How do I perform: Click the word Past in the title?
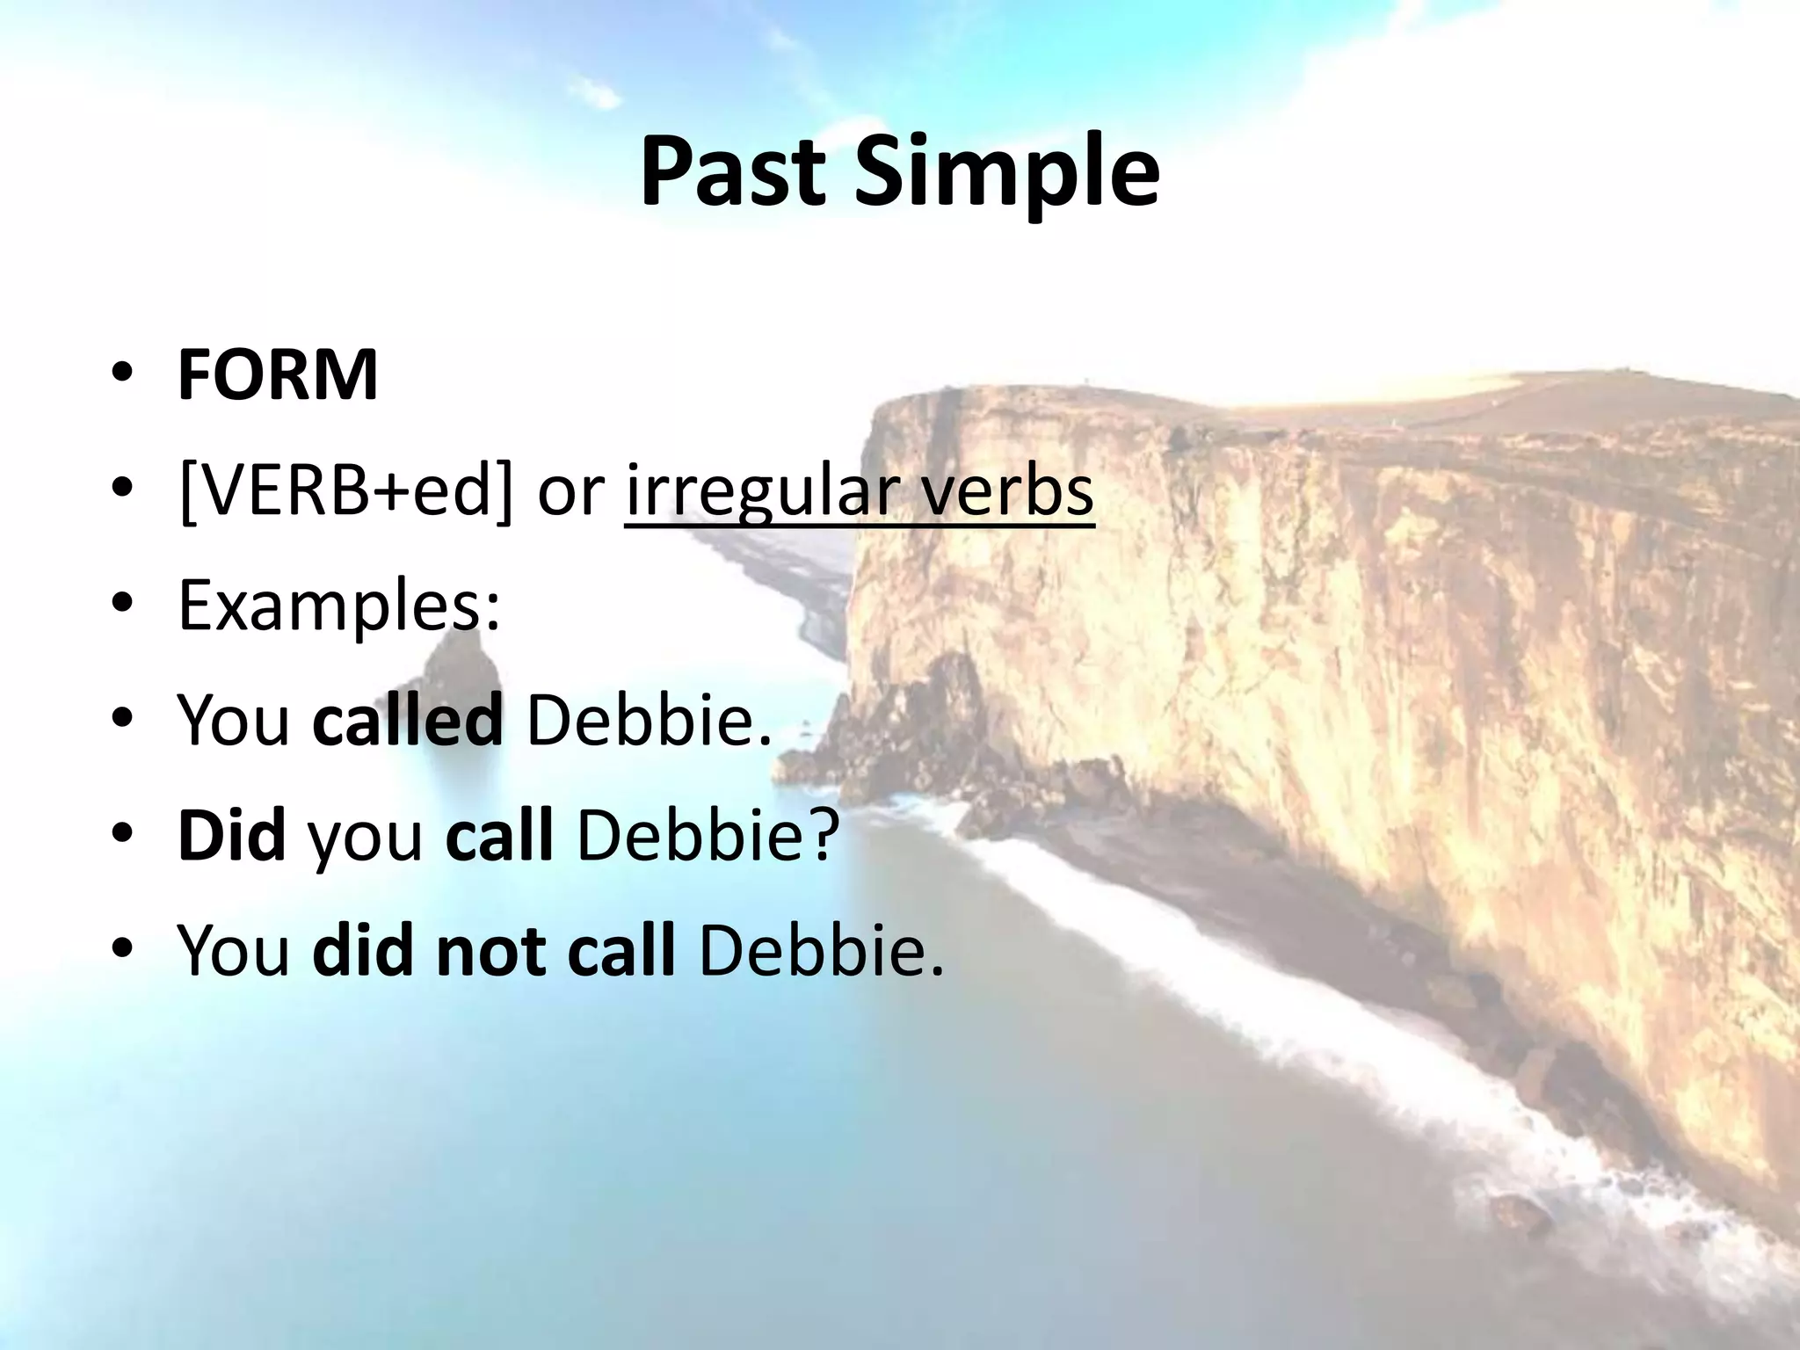pos(732,173)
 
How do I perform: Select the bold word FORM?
pos(278,375)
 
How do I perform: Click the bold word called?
pos(408,720)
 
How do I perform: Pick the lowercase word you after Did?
pos(365,839)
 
